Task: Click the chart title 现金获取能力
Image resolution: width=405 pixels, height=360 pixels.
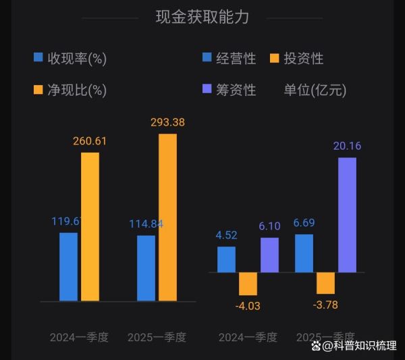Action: (202, 18)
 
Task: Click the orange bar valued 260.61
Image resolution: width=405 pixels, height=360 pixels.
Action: (90, 226)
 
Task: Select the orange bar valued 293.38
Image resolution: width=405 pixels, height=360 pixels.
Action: (167, 217)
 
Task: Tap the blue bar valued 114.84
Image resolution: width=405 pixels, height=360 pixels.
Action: (146, 267)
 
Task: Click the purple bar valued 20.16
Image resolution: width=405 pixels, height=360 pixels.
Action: (347, 215)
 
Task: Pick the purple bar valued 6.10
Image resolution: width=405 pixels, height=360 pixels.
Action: (269, 255)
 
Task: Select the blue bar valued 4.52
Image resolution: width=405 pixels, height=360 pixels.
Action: (226, 259)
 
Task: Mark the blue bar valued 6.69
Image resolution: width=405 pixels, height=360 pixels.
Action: (304, 253)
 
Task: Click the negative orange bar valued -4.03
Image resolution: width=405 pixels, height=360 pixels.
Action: (248, 284)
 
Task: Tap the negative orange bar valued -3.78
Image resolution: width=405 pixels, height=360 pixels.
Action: (325, 283)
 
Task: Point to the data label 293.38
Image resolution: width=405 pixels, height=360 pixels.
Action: (167, 122)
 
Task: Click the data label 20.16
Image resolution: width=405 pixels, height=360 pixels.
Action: (347, 145)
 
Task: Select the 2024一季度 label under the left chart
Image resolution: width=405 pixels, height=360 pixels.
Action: (79, 337)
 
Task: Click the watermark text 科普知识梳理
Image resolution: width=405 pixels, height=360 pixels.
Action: (367, 346)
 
